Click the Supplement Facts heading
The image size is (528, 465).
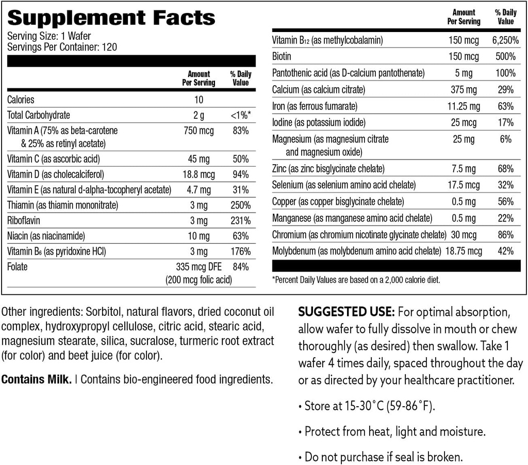click(111, 19)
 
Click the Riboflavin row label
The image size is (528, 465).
click(25, 220)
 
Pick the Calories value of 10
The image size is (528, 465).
click(199, 100)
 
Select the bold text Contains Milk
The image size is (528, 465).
click(36, 380)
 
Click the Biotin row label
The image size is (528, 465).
click(282, 56)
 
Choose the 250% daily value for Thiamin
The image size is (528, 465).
click(240, 205)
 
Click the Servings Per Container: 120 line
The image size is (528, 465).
click(62, 47)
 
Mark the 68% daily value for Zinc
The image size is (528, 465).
click(505, 169)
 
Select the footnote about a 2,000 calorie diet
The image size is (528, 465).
click(356, 280)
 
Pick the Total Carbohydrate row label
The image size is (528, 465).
click(39, 115)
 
